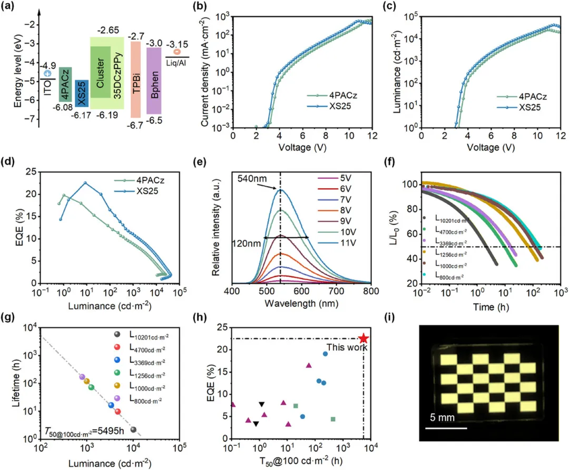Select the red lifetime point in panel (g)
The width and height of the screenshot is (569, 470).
[x=118, y=412]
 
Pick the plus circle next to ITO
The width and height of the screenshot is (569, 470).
[x=47, y=74]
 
